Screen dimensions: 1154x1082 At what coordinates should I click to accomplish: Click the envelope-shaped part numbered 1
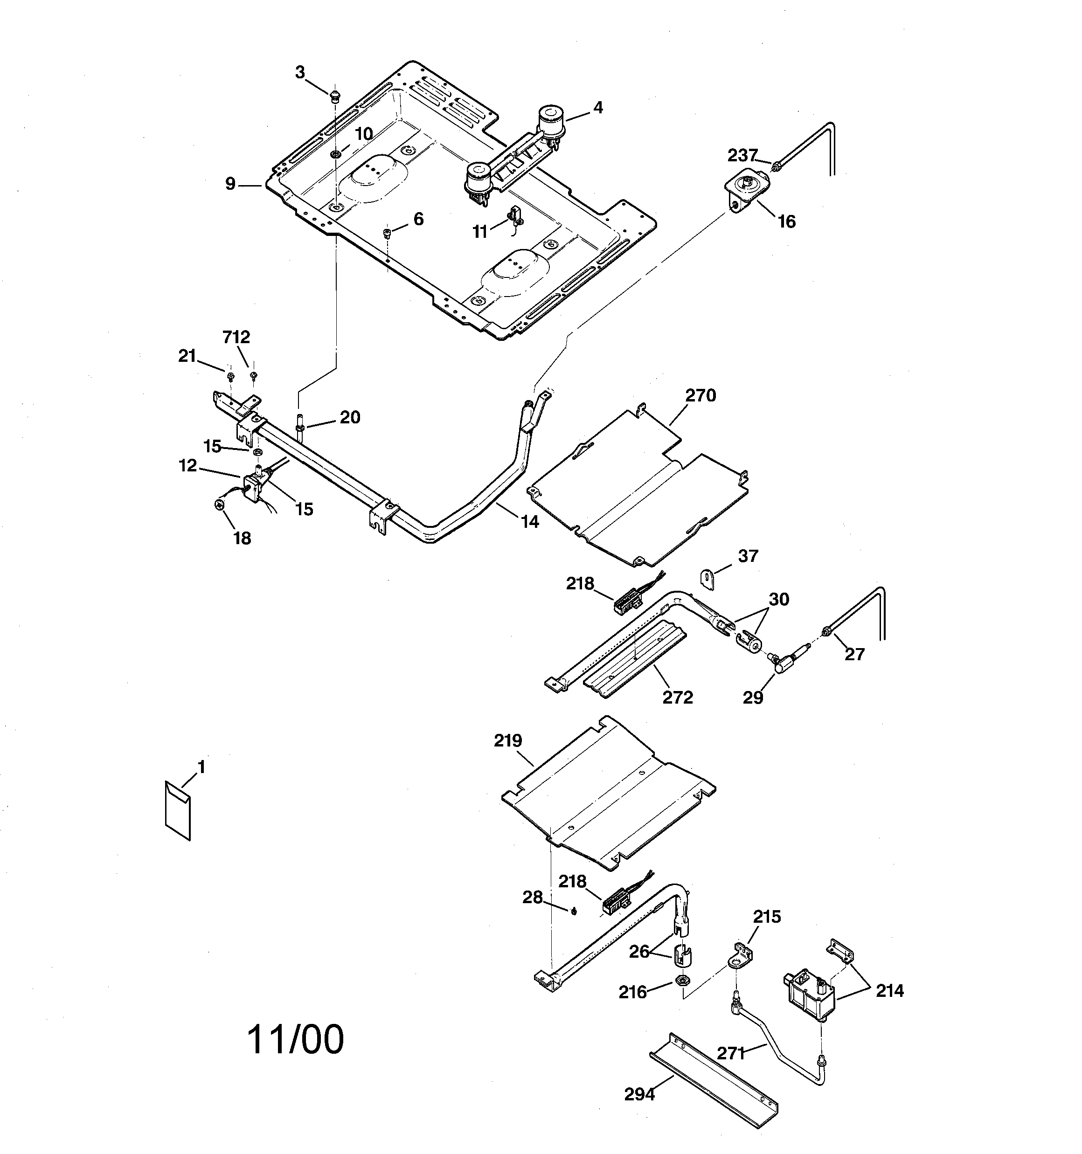point(178,810)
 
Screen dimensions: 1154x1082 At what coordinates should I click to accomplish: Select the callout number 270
point(701,396)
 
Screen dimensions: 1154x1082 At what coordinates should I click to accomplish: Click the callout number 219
point(508,741)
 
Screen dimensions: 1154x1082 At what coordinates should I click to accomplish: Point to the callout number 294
point(639,1095)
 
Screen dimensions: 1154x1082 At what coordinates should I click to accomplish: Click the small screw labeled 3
point(334,96)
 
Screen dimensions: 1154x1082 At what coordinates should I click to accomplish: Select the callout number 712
point(236,337)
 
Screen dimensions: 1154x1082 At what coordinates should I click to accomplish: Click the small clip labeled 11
point(514,216)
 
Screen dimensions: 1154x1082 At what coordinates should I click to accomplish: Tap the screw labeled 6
point(388,233)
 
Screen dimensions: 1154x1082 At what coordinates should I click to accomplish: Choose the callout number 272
point(678,697)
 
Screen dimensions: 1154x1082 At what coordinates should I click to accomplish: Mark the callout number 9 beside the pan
point(230,184)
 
